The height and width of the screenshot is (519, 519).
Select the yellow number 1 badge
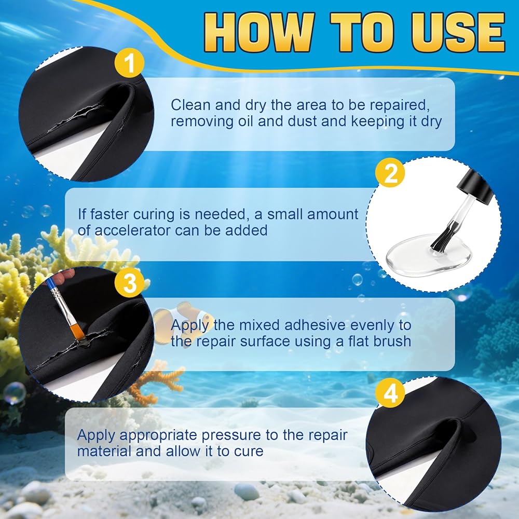click(129, 63)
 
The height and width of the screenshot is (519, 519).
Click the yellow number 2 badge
click(390, 173)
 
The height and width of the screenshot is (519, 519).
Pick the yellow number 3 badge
click(129, 283)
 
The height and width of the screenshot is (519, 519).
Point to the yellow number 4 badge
click(390, 393)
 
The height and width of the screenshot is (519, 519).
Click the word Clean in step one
click(190, 105)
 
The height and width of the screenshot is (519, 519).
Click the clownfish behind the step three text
click(184, 319)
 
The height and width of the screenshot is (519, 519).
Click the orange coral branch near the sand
click(156, 380)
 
